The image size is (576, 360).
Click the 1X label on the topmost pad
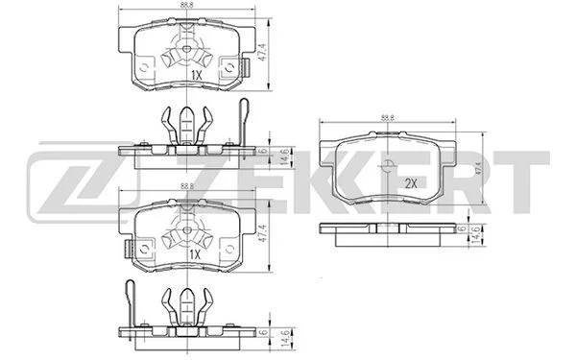[197, 76]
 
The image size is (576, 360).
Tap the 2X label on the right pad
[411, 183]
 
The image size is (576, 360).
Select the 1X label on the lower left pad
[195, 254]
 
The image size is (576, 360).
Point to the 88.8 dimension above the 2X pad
[388, 118]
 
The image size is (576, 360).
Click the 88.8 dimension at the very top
[187, 5]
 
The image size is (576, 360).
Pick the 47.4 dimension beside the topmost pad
[261, 52]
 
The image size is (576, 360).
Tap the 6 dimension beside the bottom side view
[263, 332]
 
